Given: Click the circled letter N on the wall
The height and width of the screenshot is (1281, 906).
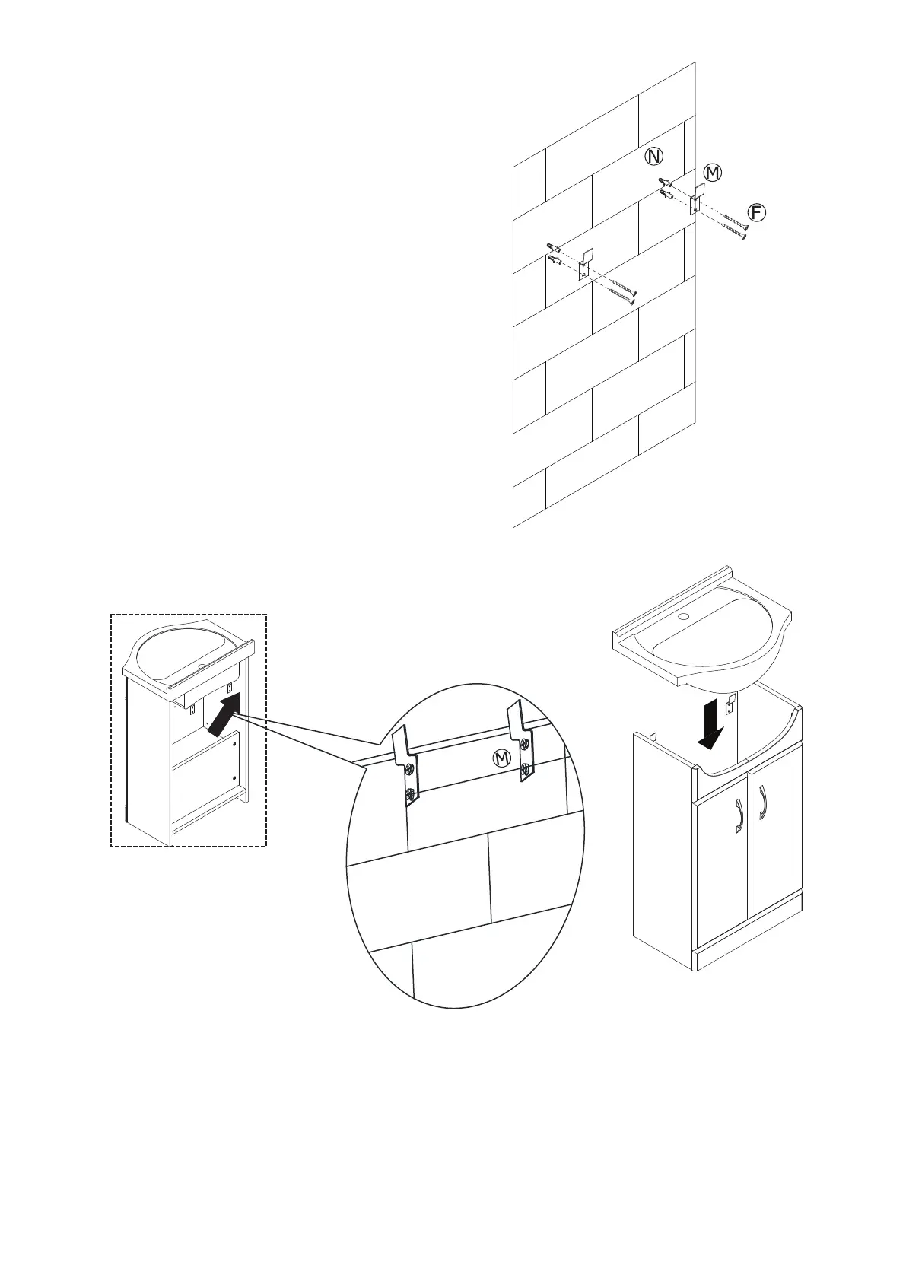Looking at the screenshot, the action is click(653, 157).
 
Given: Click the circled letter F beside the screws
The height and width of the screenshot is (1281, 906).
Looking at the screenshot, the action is click(755, 212).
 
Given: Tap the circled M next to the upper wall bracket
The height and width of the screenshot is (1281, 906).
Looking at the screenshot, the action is click(712, 173).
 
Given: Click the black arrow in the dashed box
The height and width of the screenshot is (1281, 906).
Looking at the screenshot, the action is click(224, 714).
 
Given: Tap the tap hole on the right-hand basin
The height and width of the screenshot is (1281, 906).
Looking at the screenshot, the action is click(682, 616).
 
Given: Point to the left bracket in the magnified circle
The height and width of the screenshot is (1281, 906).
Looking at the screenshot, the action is click(407, 764).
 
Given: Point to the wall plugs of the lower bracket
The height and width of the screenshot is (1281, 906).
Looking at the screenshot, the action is click(553, 254).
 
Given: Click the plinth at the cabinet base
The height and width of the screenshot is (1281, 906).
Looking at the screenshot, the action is click(749, 948).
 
